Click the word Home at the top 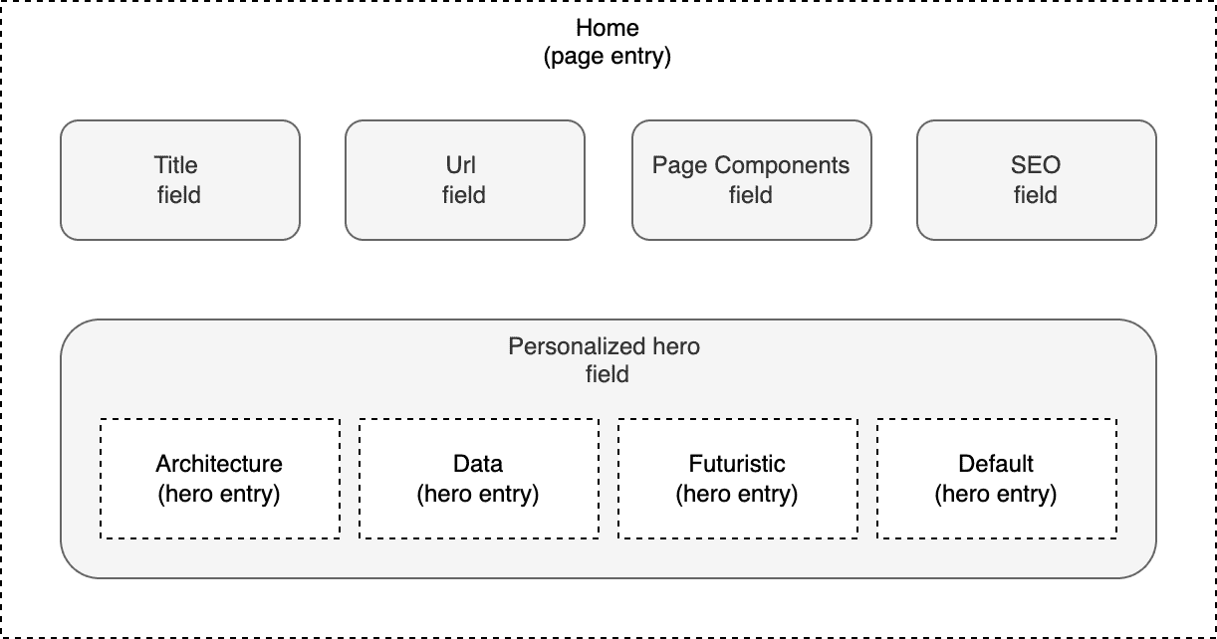[x=608, y=27]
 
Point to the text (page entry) [x=608, y=57]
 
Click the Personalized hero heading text [x=604, y=347]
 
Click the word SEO [x=1036, y=165]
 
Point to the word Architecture [x=219, y=464]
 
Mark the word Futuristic [x=737, y=464]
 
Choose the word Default [x=996, y=464]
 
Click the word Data [x=478, y=464]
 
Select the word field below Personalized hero [x=608, y=375]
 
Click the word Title [x=176, y=165]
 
